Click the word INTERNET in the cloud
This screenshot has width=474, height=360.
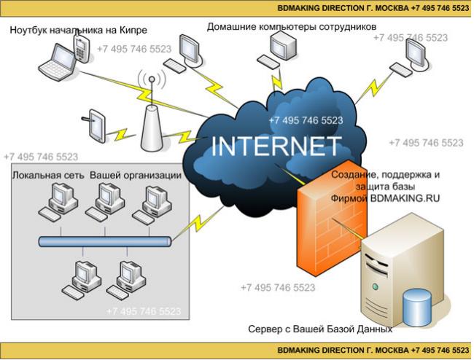pos(276,146)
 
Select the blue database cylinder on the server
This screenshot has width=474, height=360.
pos(417,307)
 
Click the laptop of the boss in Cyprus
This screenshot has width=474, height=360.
pos(58,63)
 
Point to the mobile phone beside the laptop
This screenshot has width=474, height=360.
pos(82,47)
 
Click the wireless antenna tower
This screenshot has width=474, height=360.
pos(152,114)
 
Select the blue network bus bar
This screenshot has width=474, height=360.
pos(105,242)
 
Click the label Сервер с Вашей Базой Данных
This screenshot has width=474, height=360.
pos(320,329)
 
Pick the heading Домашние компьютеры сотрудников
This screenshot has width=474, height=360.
pos(292,27)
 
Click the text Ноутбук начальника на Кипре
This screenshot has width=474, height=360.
pos(79,30)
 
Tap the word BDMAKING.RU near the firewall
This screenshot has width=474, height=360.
pos(405,198)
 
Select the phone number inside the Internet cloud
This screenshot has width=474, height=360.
pos(306,120)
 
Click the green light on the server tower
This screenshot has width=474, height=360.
pos(376,286)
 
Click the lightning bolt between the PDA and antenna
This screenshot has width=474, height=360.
pos(121,134)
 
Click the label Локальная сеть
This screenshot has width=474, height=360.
pos(48,176)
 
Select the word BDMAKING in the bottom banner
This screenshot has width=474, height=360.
pos(299,351)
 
